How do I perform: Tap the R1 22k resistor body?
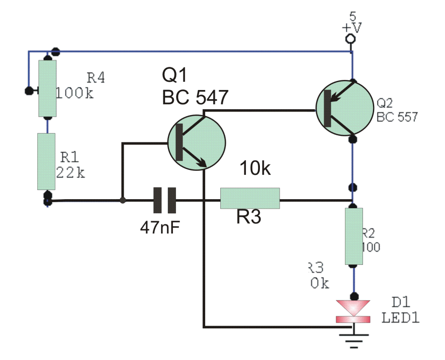pyautogui.click(x=46, y=161)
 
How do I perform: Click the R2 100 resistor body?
pyautogui.click(x=354, y=236)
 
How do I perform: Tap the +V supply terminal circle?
pyautogui.click(x=350, y=40)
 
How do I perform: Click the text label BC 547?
pyautogui.click(x=195, y=98)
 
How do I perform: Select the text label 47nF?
pyautogui.click(x=160, y=227)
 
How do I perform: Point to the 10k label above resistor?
pyautogui.click(x=255, y=169)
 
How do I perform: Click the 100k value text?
pyautogui.click(x=75, y=93)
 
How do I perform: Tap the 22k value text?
pyautogui.click(x=70, y=172)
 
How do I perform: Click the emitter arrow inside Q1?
pyautogui.click(x=200, y=162)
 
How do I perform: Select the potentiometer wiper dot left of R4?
pyautogui.click(x=29, y=91)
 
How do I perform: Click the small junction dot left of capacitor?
pyautogui.click(x=123, y=200)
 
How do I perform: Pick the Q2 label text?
pyautogui.click(x=385, y=103)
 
